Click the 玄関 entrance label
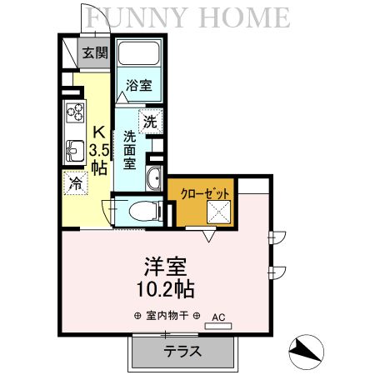point(95,53)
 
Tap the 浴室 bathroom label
point(137,86)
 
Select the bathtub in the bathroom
point(139,56)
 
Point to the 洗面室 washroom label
point(130,149)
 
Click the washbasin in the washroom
point(152,178)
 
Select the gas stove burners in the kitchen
point(72,112)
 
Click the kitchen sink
point(72,151)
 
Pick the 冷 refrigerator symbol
point(76,182)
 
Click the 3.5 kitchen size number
point(98,150)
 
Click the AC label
point(218,317)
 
